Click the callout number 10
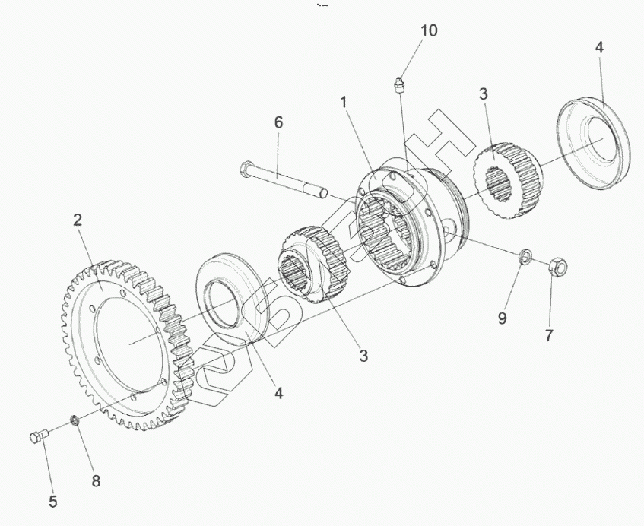(x=429, y=30)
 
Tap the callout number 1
(x=344, y=101)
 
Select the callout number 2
(x=78, y=221)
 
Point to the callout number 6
(x=278, y=122)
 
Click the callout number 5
(x=52, y=501)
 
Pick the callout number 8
(x=96, y=480)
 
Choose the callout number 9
(x=502, y=318)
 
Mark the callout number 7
(x=549, y=334)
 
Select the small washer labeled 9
(x=525, y=258)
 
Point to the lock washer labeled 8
(x=76, y=420)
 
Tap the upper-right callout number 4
(x=599, y=46)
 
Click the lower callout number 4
(x=279, y=393)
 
